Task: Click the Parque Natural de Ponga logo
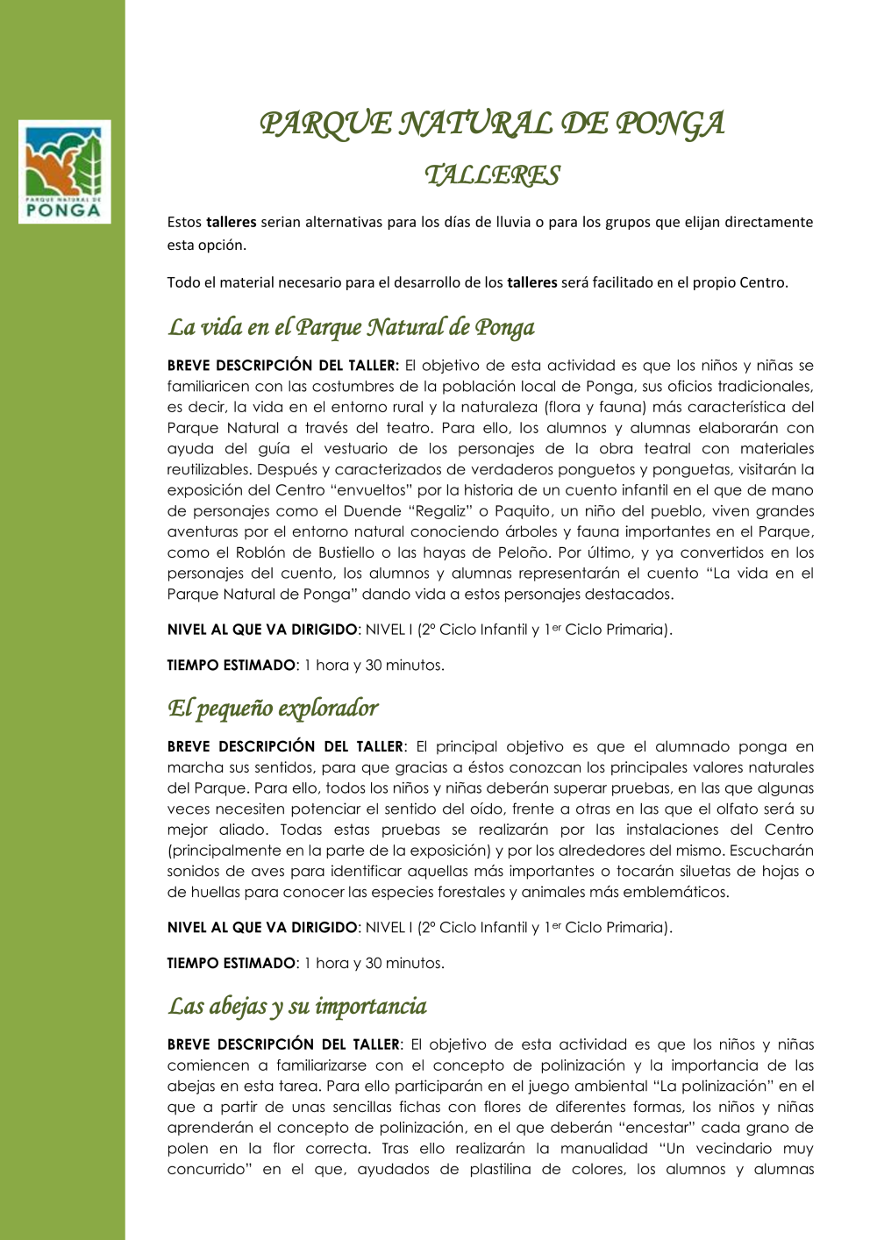65,172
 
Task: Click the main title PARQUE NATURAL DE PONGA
492,124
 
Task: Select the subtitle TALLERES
492,175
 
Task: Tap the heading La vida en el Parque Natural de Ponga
351,327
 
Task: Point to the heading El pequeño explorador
273,708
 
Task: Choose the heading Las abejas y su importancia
297,1006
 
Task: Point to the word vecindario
734,1148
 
